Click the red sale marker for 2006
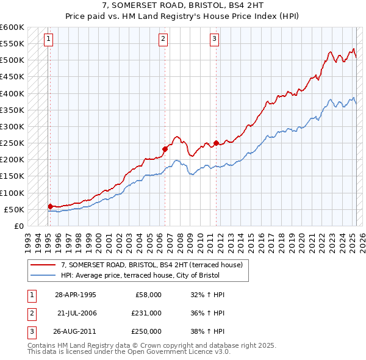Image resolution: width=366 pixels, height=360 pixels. coord(165,148)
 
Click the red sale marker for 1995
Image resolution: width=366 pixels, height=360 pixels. coord(50,206)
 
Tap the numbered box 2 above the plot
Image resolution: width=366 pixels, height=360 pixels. coord(163,40)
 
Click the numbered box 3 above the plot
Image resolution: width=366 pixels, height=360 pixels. coord(215,40)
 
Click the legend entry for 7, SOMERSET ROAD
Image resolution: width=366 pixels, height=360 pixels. coord(152,265)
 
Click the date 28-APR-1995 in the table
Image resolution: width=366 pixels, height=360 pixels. coord(75,295)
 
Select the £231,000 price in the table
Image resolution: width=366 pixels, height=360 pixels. coord(146,313)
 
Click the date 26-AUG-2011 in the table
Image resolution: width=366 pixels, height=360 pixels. coord(75,331)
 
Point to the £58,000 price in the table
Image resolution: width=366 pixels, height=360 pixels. coord(148,295)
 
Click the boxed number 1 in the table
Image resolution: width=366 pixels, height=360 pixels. coord(30,295)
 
